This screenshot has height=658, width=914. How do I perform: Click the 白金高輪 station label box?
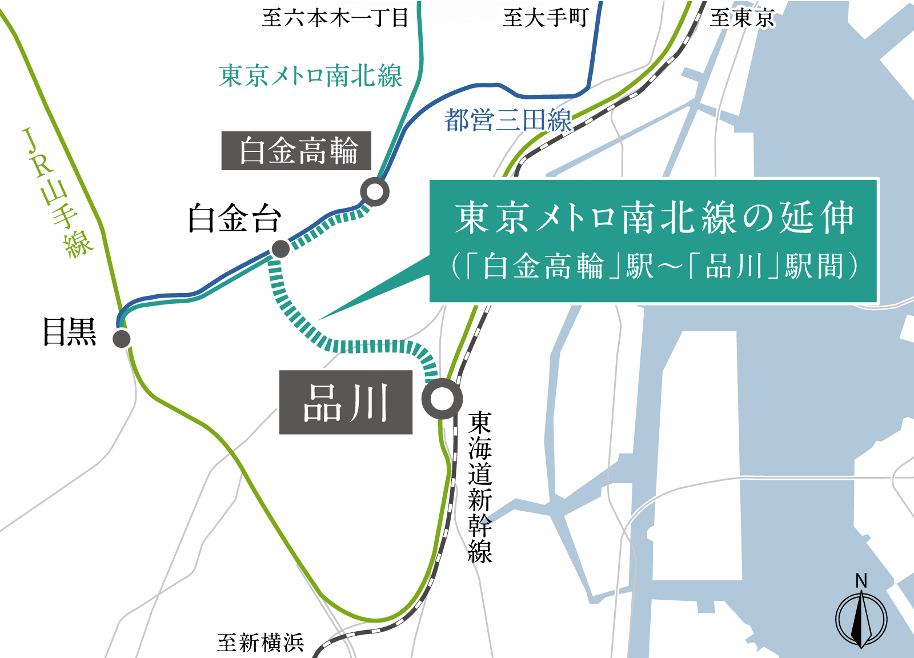[296, 151]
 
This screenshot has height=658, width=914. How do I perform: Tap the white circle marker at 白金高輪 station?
[375, 192]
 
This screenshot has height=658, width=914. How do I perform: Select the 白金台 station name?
[235, 218]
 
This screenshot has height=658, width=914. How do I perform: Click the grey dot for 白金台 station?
[280, 249]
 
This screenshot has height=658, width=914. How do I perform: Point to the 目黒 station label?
[70, 332]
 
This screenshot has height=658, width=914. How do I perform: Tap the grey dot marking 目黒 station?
[122, 339]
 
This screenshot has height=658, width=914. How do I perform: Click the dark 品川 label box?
[346, 402]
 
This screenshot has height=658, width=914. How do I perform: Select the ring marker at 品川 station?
[442, 399]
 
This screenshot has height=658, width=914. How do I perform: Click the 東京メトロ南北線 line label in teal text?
[311, 76]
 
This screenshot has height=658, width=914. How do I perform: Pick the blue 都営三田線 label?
[508, 121]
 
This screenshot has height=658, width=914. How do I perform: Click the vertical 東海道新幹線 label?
[480, 487]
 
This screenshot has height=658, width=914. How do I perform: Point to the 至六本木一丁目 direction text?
[335, 18]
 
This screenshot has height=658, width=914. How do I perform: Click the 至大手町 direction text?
[546, 18]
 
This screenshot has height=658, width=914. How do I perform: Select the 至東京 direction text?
[742, 18]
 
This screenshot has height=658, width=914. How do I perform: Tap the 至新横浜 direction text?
[260, 643]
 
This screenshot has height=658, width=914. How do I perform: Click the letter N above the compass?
[861, 581]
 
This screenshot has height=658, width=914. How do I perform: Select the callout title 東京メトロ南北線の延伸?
[654, 218]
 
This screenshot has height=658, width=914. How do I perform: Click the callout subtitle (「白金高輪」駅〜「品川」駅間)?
[654, 266]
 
